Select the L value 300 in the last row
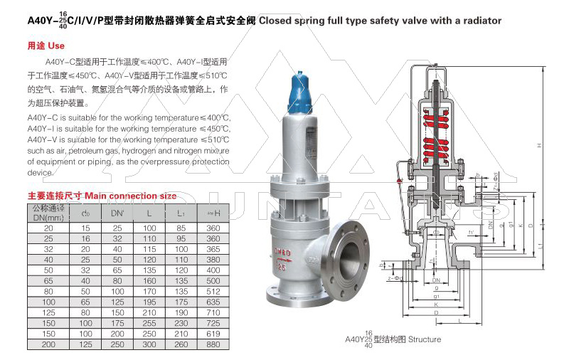click(149, 344)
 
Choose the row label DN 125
click(48, 312)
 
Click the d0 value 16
click(86, 238)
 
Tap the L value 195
click(149, 301)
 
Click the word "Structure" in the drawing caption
click(425, 339)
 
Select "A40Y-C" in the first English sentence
click(43, 117)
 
